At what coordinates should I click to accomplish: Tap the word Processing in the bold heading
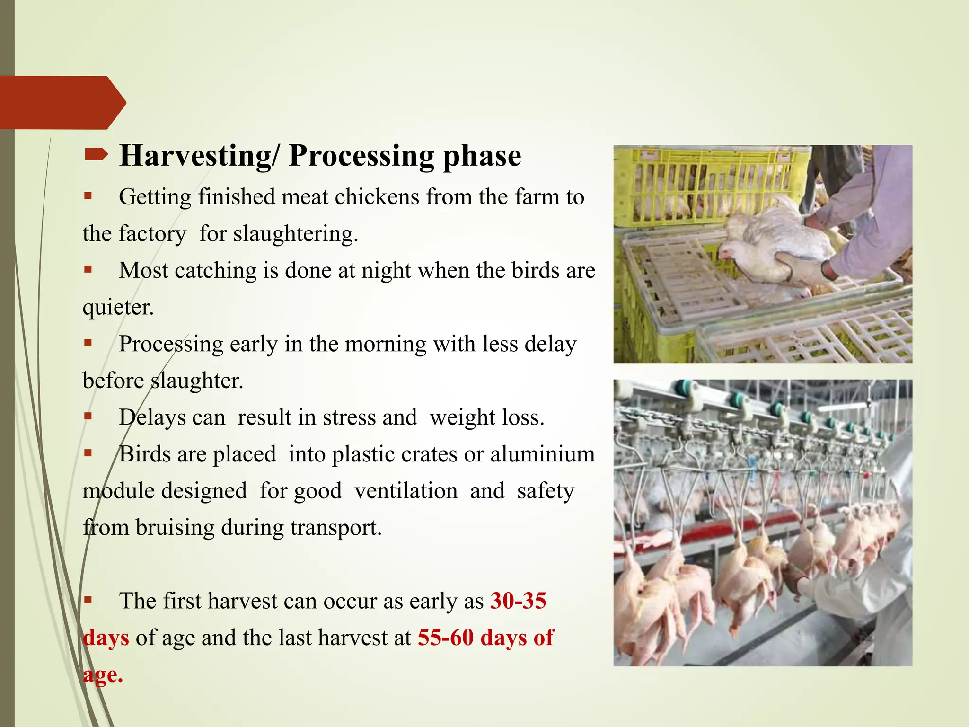coord(361,156)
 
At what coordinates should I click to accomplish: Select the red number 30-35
coord(518,601)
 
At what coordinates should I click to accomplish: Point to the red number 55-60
coord(445,638)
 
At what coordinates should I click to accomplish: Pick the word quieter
coord(118,308)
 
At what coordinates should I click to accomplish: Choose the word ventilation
coord(406,491)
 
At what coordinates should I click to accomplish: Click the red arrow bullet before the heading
coord(97,154)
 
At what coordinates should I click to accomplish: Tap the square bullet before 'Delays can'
coord(88,416)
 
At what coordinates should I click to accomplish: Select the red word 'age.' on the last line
coord(103,674)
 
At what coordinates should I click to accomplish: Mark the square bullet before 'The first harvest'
coord(88,600)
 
